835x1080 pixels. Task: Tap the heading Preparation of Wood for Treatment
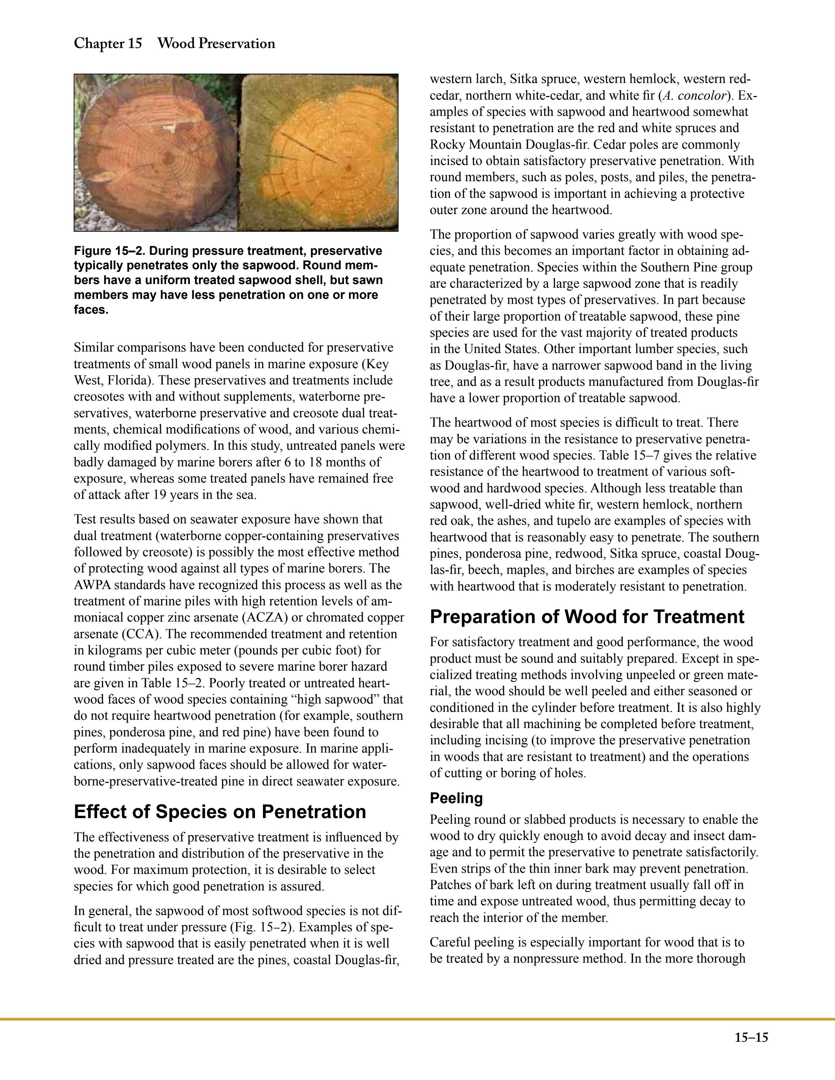[587, 617]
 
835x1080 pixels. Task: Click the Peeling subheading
[456, 798]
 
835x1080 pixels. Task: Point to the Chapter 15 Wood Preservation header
[174, 44]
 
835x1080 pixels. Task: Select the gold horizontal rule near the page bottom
[417, 1019]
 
